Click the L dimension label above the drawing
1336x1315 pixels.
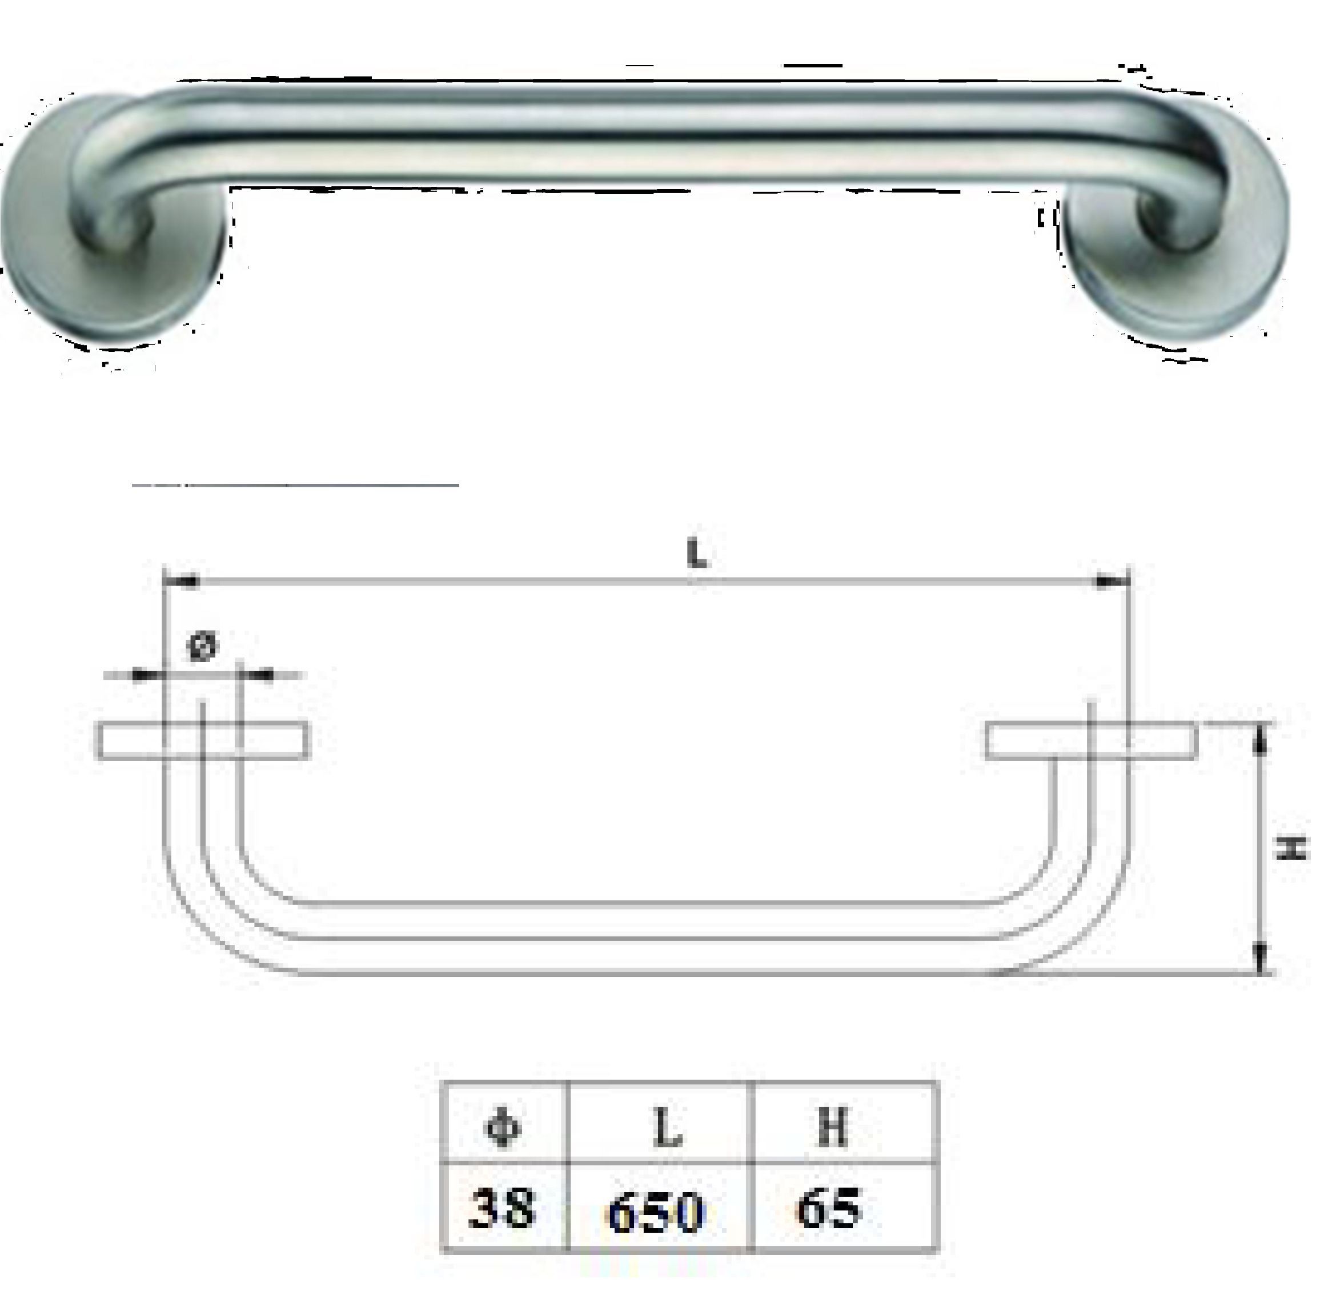[x=697, y=554]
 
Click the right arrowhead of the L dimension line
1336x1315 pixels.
[x=1110, y=582]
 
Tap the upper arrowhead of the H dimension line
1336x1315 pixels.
[x=1260, y=743]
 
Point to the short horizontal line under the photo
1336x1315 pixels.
[x=295, y=485]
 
